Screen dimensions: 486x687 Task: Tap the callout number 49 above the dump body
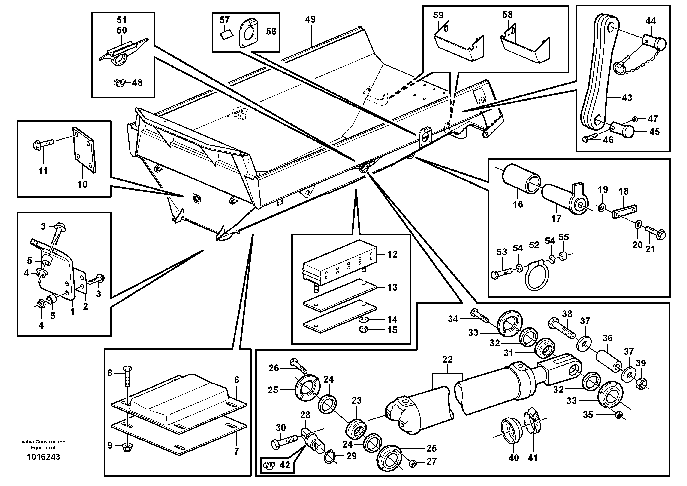coord(310,19)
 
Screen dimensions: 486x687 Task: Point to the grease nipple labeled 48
coord(119,82)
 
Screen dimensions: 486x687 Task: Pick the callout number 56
coord(271,31)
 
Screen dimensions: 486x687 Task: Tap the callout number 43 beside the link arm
coord(627,98)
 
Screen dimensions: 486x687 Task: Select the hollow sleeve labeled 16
coord(521,179)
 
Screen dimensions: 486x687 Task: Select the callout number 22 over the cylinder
coord(447,359)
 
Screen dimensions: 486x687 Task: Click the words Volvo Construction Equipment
coord(43,444)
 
